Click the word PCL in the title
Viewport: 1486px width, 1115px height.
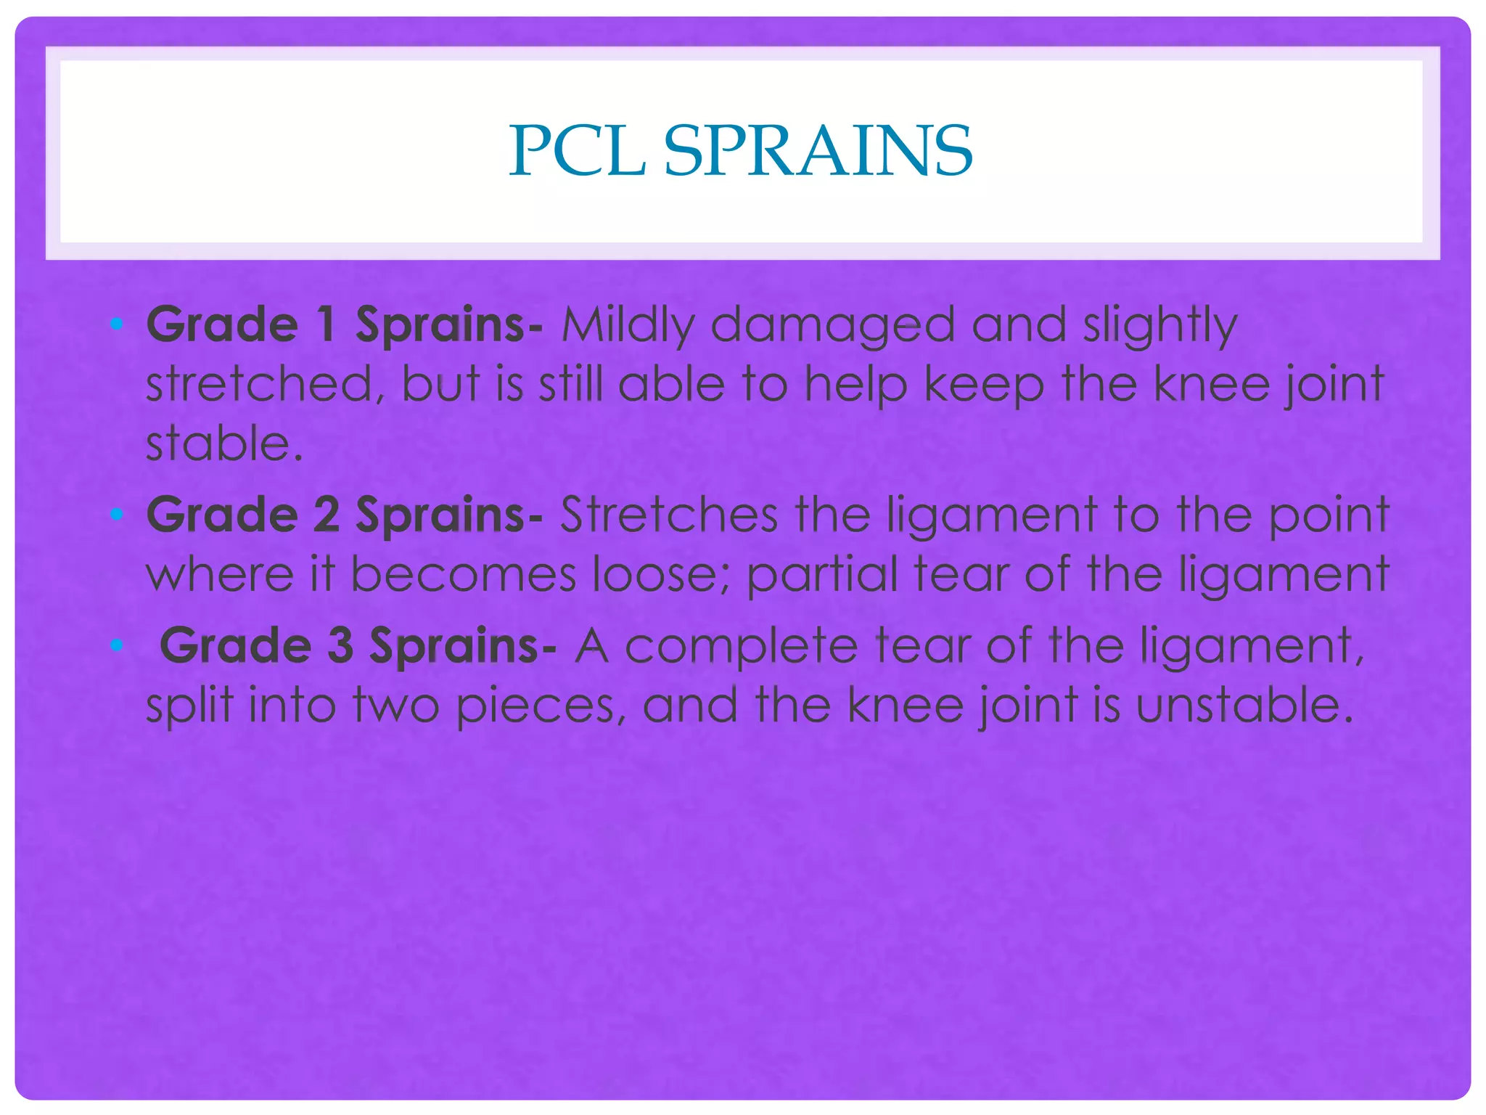point(577,151)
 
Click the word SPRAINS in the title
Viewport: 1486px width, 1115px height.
point(818,151)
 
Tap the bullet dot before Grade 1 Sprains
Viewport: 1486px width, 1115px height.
point(116,324)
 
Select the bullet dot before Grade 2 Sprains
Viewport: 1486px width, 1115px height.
point(116,515)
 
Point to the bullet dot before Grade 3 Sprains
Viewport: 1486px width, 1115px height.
point(116,645)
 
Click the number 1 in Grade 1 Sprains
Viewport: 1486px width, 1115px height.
point(327,324)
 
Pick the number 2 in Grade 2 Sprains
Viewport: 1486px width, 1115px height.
point(327,515)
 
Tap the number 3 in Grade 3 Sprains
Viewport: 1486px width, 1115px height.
point(340,645)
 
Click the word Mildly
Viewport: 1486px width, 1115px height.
point(628,325)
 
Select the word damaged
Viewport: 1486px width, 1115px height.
point(832,325)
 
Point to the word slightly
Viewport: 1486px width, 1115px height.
point(1160,325)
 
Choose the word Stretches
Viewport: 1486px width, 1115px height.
point(669,515)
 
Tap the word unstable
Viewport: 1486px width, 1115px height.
point(1244,705)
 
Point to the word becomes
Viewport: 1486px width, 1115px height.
point(464,573)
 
